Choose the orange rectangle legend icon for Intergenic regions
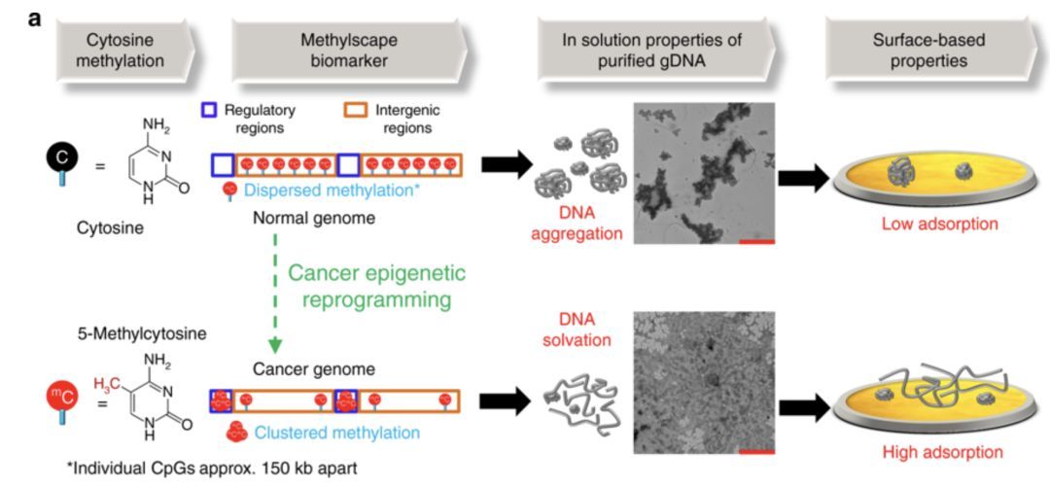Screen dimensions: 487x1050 [x=356, y=110]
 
